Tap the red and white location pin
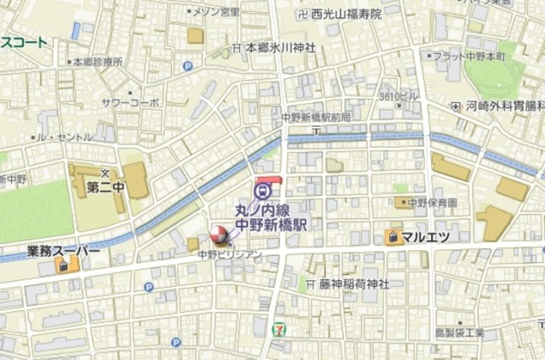click(218, 233)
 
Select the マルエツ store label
click(426, 236)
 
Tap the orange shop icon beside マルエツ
click(393, 237)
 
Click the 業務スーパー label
click(64, 252)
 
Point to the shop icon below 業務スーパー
click(63, 266)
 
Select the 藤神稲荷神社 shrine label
click(353, 283)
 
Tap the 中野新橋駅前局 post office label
click(316, 117)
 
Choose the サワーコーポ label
click(129, 101)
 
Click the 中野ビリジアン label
click(230, 254)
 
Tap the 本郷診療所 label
click(98, 61)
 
